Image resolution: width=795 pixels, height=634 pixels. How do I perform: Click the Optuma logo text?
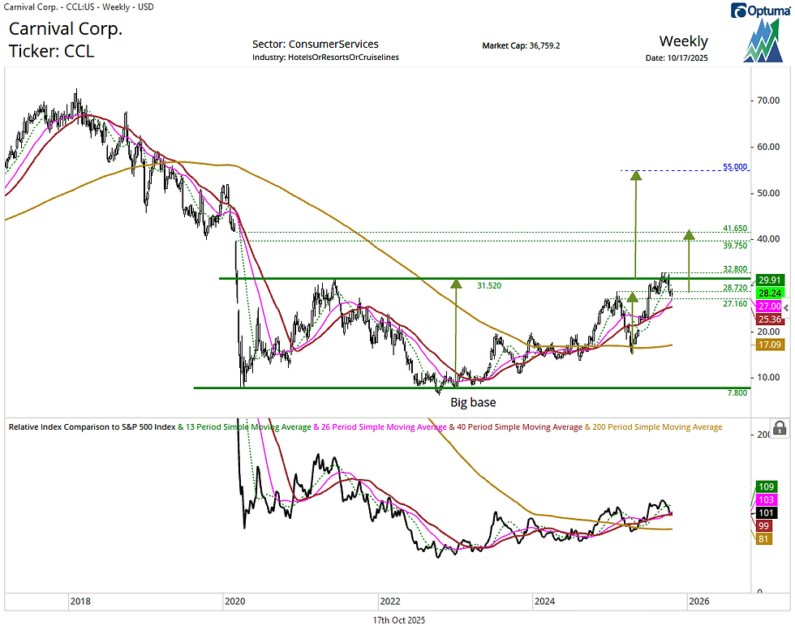(767, 11)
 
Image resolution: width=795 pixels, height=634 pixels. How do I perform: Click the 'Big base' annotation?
(473, 402)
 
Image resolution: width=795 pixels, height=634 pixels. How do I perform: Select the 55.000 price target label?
(735, 167)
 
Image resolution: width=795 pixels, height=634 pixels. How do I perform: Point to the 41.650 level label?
(734, 229)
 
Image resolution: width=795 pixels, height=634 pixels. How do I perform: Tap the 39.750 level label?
(734, 245)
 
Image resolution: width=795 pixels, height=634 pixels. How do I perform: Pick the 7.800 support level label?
(736, 393)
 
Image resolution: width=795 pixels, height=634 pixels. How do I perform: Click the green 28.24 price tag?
(768, 293)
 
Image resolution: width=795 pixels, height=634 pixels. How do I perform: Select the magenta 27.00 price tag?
(768, 306)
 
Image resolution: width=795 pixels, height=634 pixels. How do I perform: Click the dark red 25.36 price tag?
(768, 319)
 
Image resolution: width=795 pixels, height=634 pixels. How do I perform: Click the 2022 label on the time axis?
(390, 602)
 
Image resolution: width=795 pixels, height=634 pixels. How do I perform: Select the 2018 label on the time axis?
(79, 602)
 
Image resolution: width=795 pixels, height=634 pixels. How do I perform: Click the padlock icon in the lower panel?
(779, 428)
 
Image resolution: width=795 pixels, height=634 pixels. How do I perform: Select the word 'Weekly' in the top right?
(683, 41)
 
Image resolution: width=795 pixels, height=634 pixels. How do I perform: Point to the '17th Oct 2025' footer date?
(397, 620)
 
